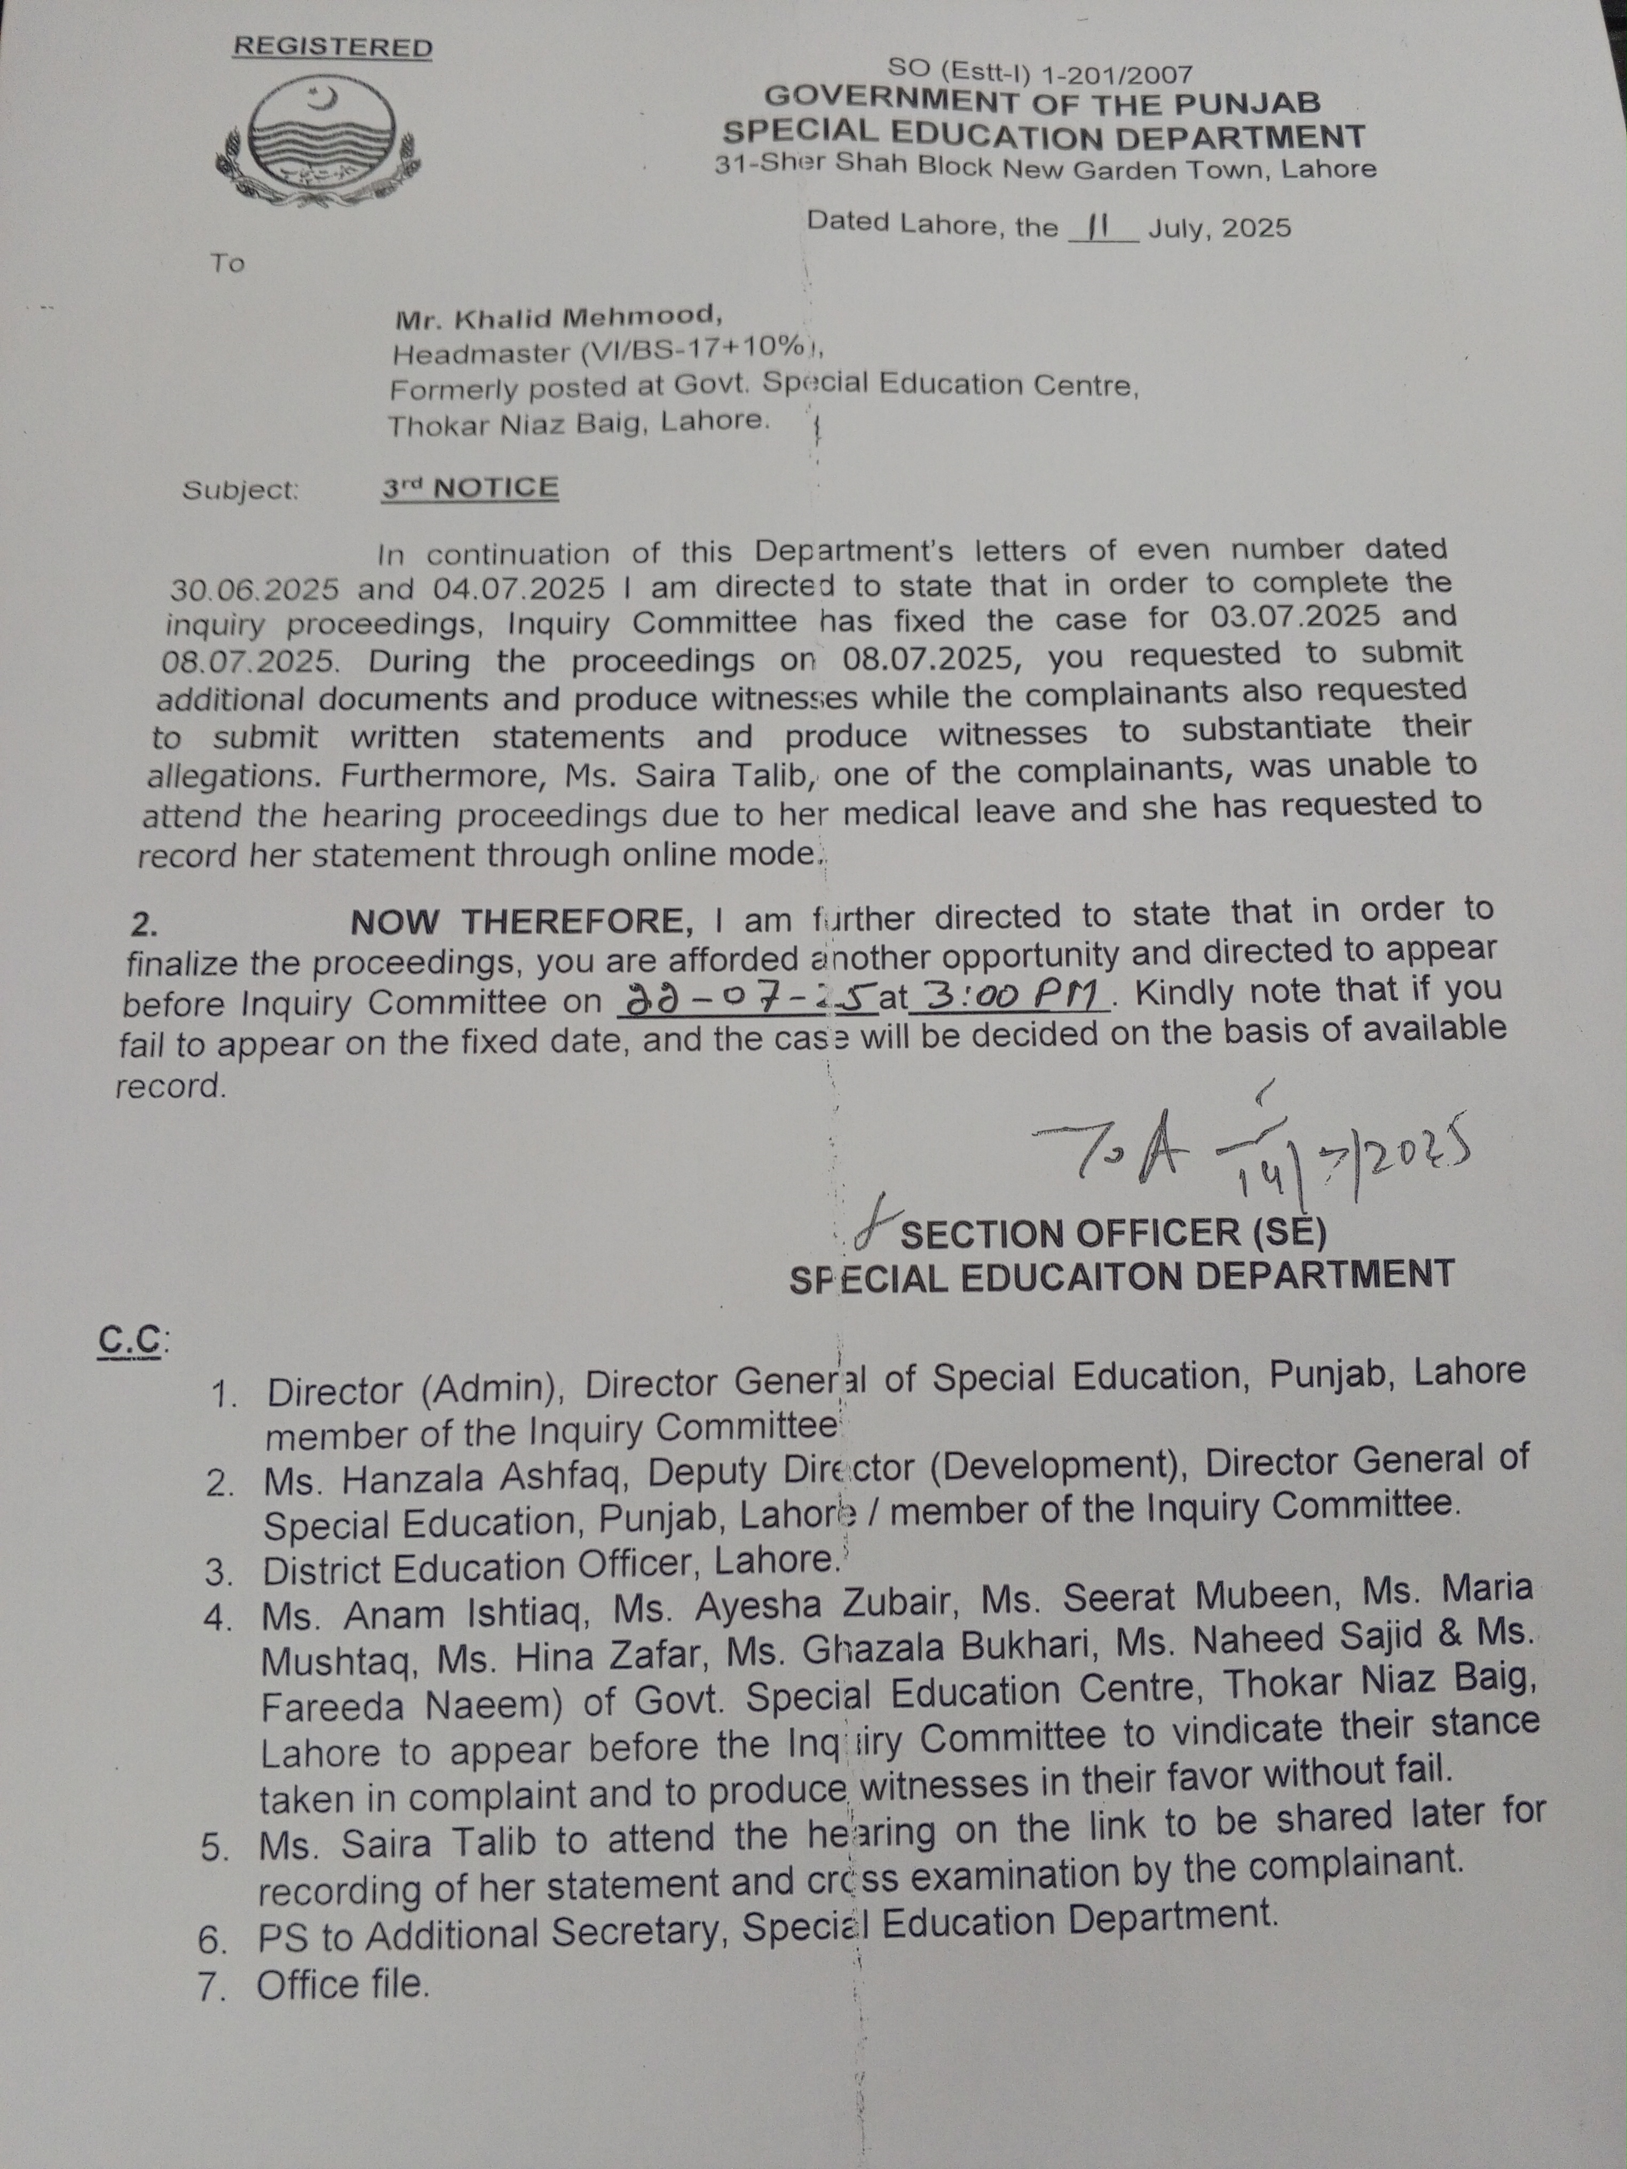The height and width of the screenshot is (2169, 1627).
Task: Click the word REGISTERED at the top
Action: pyautogui.click(x=333, y=47)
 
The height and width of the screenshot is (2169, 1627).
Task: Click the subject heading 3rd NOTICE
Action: pyautogui.click(x=470, y=487)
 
